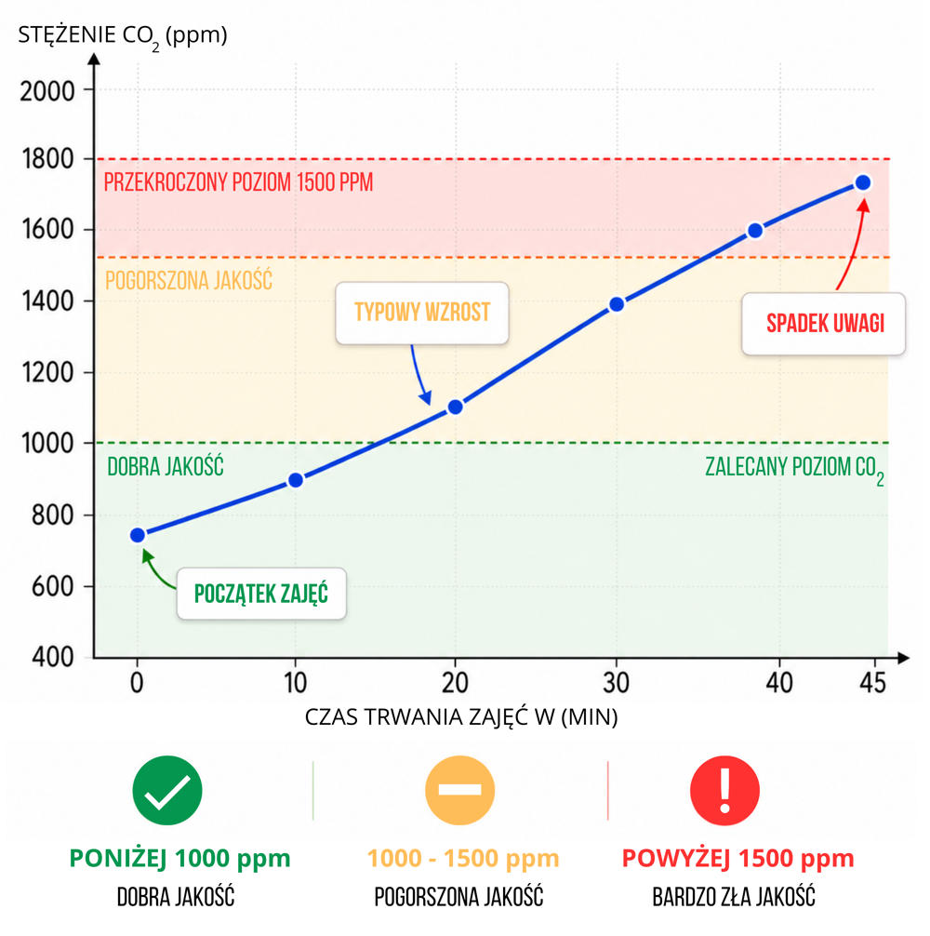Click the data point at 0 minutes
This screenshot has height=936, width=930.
(138, 535)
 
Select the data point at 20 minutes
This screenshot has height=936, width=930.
(455, 407)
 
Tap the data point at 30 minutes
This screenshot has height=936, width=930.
(616, 304)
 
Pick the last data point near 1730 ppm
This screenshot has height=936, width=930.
(862, 182)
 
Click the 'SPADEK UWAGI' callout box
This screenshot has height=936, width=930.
(823, 324)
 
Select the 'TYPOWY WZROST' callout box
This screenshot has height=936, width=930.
(422, 313)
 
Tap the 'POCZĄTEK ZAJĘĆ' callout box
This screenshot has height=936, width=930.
(261, 594)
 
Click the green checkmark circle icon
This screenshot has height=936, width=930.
(167, 790)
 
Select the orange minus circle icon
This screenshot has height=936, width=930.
(459, 790)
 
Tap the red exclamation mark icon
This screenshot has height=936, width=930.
(724, 790)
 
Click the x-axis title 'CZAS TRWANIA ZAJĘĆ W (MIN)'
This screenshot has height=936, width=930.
(461, 717)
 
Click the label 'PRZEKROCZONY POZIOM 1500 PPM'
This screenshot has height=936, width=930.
(239, 182)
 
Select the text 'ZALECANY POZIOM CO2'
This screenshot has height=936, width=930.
(793, 468)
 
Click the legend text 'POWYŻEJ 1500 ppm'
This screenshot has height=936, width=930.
(737, 858)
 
